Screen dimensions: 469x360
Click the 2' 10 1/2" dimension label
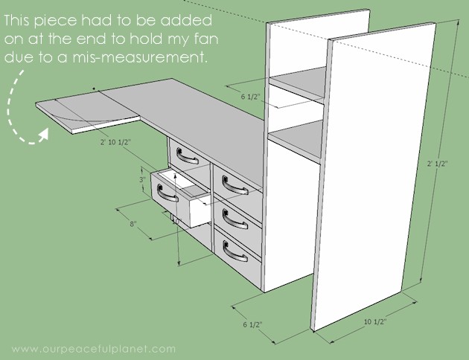[115, 142]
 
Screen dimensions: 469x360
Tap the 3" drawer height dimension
[142, 179]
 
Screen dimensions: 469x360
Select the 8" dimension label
[133, 224]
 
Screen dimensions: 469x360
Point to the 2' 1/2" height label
[437, 164]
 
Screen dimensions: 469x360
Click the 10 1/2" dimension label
[375, 322]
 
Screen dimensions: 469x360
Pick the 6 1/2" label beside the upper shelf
[251, 97]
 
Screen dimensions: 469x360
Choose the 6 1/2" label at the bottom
[253, 324]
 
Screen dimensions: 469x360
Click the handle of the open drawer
[167, 193]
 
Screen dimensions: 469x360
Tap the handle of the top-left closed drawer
[188, 156]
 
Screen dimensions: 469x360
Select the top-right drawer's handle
[234, 185]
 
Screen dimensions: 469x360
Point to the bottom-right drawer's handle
[235, 251]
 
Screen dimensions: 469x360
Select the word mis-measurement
[140, 57]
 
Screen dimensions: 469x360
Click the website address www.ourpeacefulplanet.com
[94, 349]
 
